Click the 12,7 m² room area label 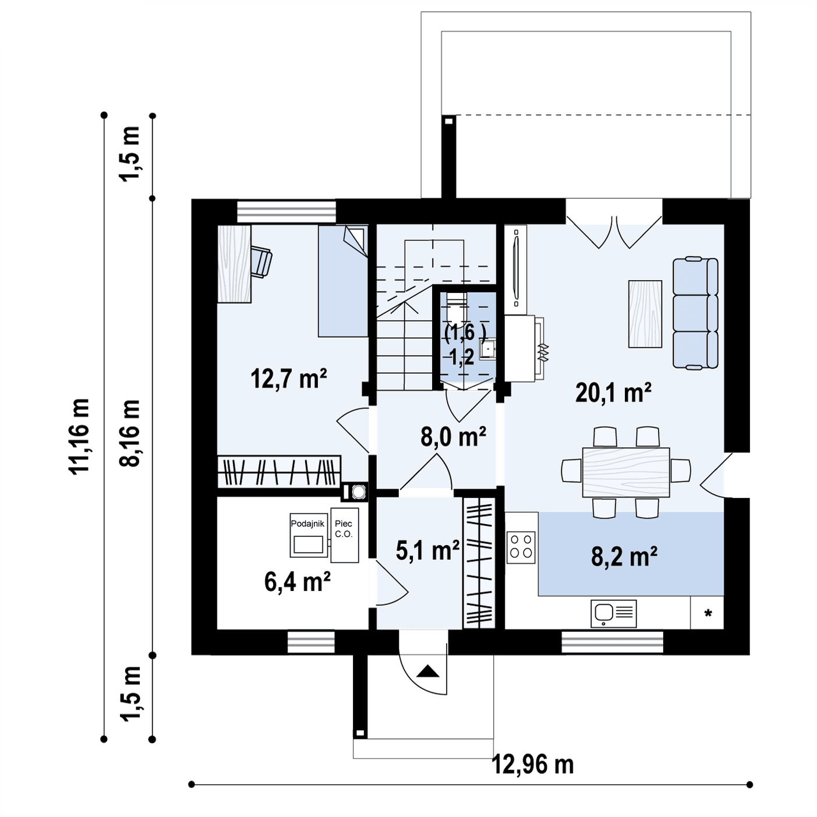(x=289, y=379)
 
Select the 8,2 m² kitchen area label (x=624, y=556)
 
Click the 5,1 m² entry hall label (x=427, y=550)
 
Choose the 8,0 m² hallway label (x=453, y=436)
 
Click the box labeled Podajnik (x=307, y=535)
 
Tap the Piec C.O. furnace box (x=344, y=535)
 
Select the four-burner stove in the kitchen (x=521, y=547)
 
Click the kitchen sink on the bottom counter (x=614, y=613)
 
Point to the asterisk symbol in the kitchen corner (x=708, y=613)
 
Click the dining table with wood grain (x=626, y=472)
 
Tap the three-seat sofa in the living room (x=695, y=313)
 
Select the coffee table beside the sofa (x=645, y=314)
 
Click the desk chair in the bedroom (x=261, y=262)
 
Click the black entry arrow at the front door (x=428, y=671)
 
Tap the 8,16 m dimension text (x=129, y=433)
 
